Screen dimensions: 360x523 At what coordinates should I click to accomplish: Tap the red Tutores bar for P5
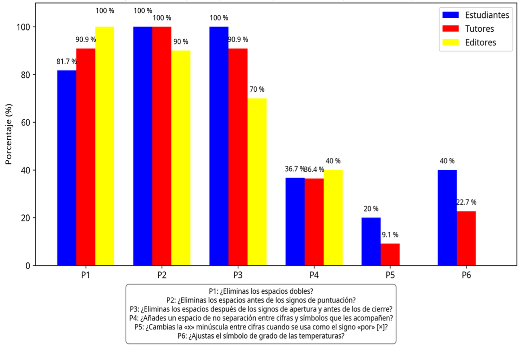click(390, 254)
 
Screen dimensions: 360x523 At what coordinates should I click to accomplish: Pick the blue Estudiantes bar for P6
click(447, 218)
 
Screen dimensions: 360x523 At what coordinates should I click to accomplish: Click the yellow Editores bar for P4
click(333, 218)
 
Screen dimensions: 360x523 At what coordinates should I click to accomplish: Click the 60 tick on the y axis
click(25, 122)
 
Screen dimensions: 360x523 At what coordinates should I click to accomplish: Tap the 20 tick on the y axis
click(25, 218)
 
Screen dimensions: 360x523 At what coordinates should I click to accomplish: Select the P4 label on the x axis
click(314, 276)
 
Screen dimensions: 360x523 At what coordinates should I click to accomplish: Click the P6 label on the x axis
click(466, 276)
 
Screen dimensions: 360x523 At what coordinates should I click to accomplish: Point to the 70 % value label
click(257, 89)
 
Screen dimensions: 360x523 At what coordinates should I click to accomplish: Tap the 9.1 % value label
click(390, 235)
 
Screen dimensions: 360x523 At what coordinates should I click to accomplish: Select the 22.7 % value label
click(466, 202)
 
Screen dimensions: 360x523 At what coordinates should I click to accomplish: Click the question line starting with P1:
click(261, 291)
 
